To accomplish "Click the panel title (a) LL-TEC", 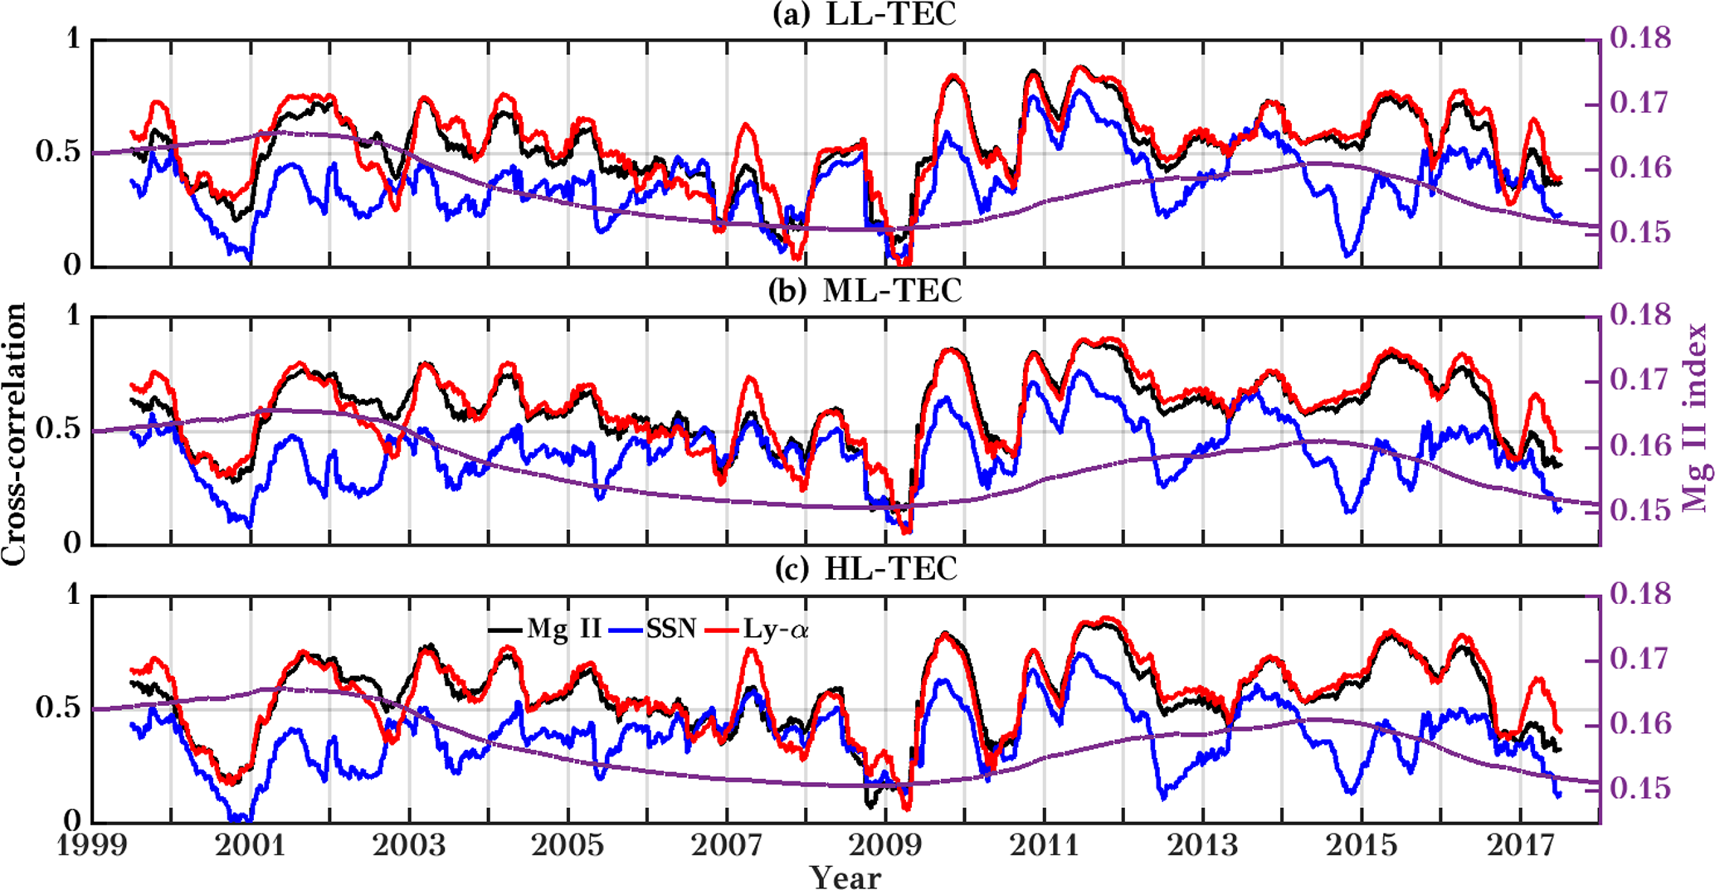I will pyautogui.click(x=864, y=15).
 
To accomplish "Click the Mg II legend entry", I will pyautogui.click(x=563, y=629).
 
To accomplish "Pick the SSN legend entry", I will pyautogui.click(x=670, y=629).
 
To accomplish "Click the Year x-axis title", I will pyautogui.click(x=845, y=877).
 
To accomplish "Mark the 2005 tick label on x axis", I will pyautogui.click(x=568, y=846).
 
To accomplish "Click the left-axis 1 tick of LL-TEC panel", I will pyautogui.click(x=74, y=38).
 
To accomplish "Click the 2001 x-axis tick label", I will pyautogui.click(x=250, y=846).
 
